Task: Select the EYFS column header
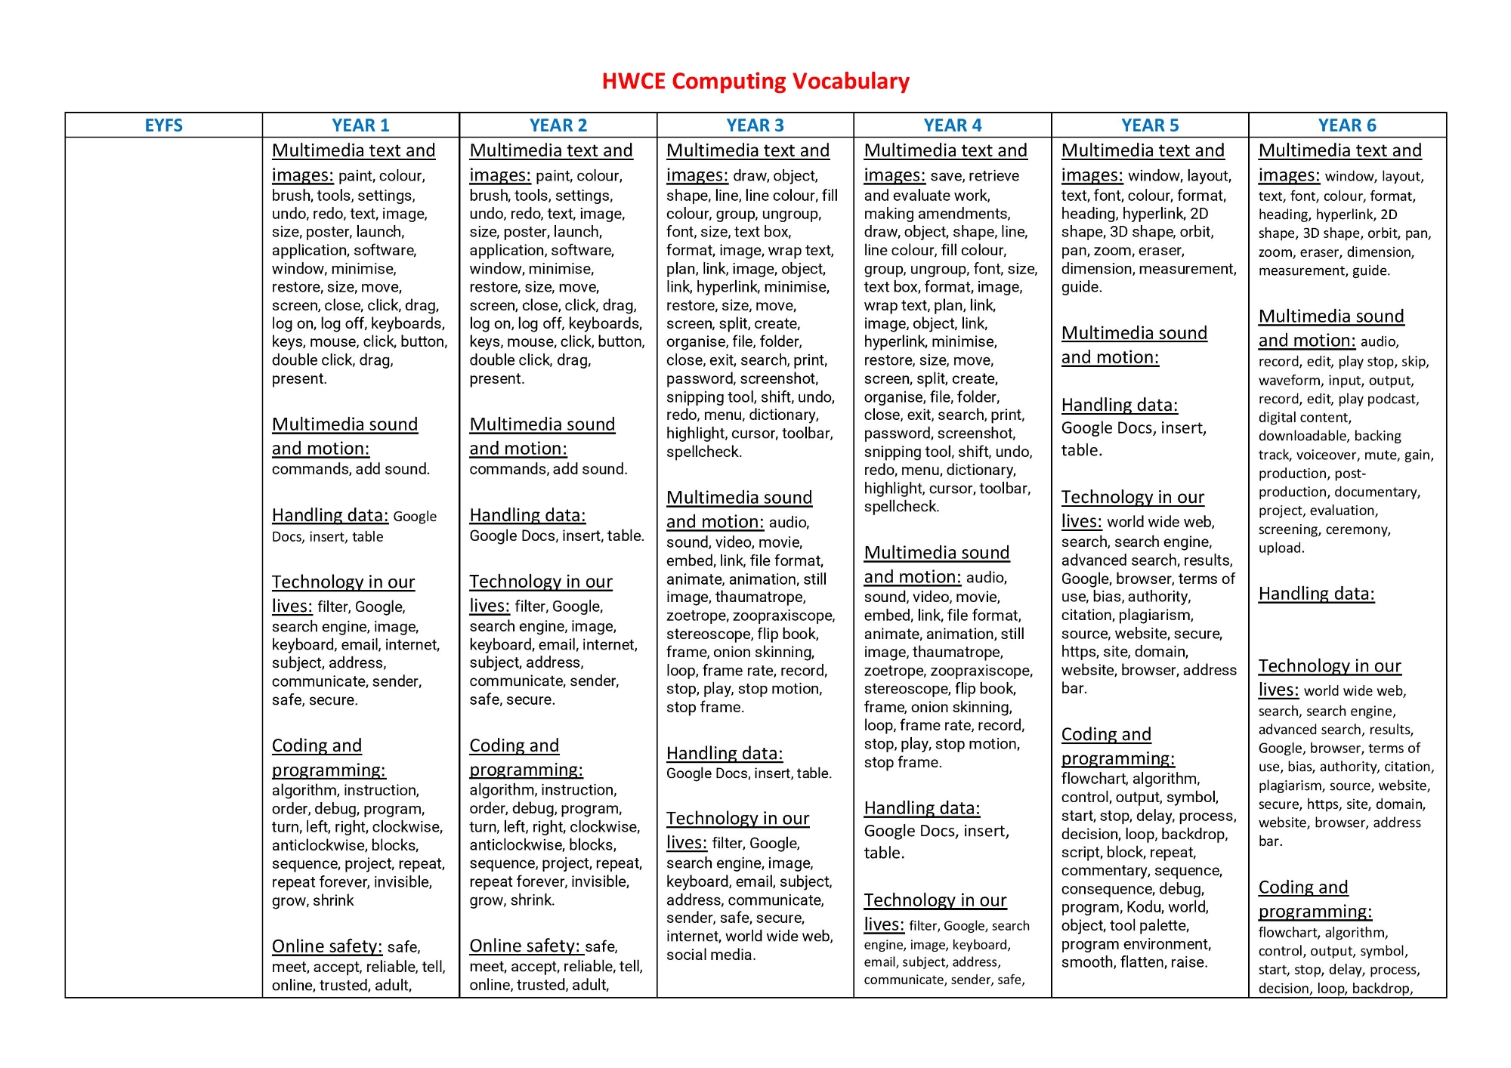click(x=163, y=125)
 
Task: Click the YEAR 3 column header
click(x=755, y=125)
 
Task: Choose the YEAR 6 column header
click(x=1347, y=125)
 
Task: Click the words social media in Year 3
click(x=709, y=955)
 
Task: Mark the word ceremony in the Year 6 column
click(x=1359, y=529)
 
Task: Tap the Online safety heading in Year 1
click(x=327, y=946)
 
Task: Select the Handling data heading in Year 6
click(x=1316, y=594)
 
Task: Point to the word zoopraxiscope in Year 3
click(x=783, y=616)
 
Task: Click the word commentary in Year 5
click(x=1103, y=870)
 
